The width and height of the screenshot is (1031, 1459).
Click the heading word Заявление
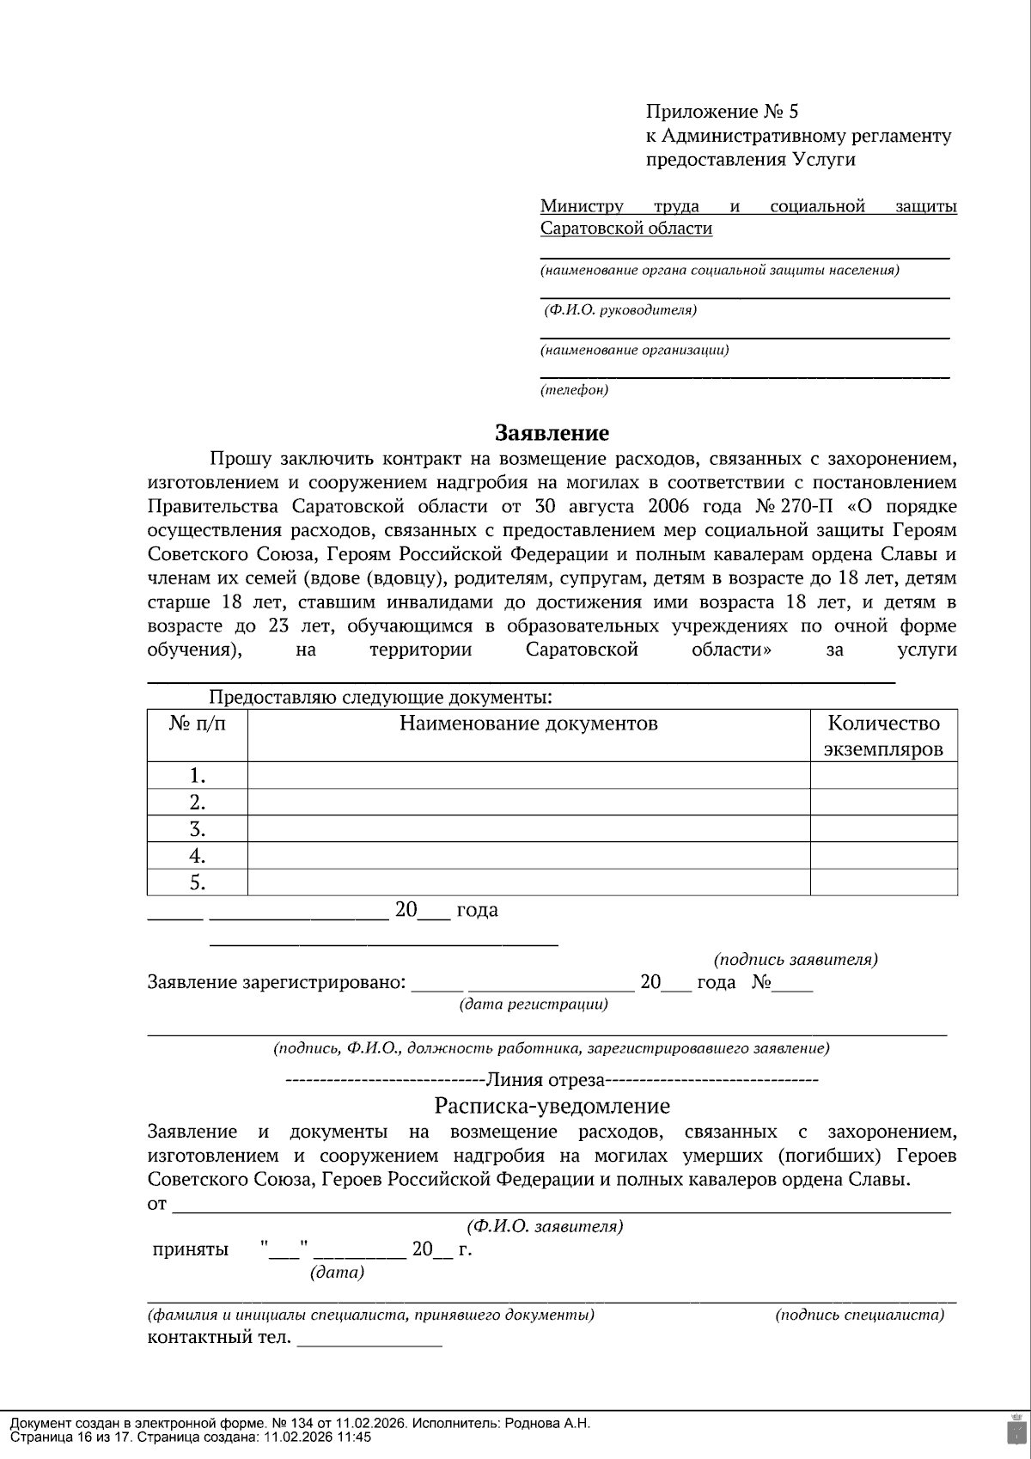(552, 432)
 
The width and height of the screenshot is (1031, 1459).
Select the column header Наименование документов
(528, 723)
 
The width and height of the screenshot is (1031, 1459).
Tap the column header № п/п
(198, 723)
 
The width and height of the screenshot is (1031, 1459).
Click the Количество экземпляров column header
(883, 736)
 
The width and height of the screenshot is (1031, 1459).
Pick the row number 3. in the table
(198, 829)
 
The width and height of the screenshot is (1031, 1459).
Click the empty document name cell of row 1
(528, 776)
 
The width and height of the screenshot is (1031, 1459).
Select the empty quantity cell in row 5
(883, 882)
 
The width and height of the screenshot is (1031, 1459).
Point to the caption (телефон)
(574, 390)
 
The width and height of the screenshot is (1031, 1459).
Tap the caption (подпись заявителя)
(796, 959)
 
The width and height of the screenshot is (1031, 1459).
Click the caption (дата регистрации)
(534, 1004)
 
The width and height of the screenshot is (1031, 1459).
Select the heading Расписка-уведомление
(552, 1105)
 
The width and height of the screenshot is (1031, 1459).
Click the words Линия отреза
(546, 1079)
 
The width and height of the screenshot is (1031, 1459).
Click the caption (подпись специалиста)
(859, 1315)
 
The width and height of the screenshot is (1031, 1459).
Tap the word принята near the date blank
(190, 1249)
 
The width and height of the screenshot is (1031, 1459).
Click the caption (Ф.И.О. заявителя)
(545, 1226)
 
